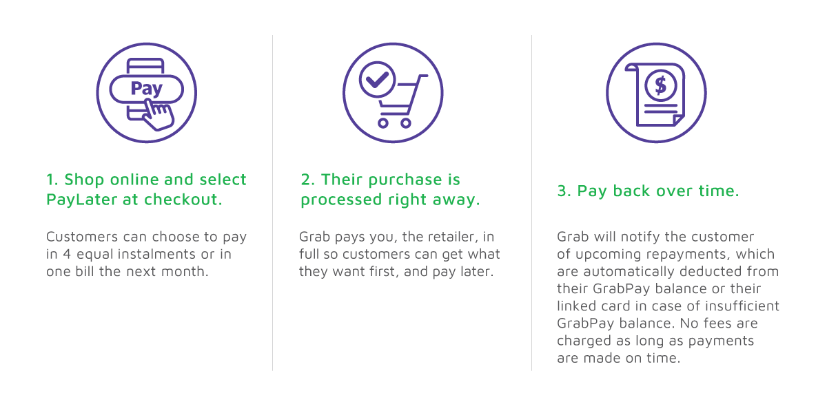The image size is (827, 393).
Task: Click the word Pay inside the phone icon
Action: [x=147, y=89]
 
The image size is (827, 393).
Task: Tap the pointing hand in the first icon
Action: [x=159, y=115]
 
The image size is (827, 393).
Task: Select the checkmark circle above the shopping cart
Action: [x=377, y=79]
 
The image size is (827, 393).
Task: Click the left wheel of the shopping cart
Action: [x=383, y=123]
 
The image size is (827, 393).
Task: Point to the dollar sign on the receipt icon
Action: [x=660, y=85]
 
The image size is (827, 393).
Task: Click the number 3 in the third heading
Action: [x=562, y=191]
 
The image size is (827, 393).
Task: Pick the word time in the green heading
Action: [x=718, y=191]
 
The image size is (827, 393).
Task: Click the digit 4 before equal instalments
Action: [x=66, y=254]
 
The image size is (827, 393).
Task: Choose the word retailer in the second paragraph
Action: [x=453, y=237]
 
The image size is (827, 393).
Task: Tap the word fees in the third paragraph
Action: [x=718, y=323]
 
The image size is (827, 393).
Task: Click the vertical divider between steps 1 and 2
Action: [x=272, y=203]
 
